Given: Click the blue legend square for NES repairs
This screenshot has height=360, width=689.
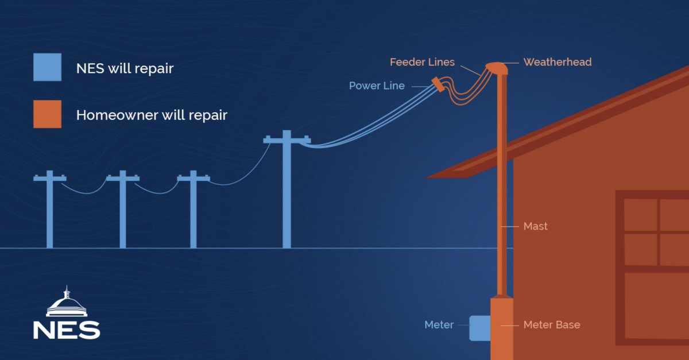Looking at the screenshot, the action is tap(47, 68).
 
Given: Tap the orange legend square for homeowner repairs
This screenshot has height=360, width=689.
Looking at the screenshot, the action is tap(47, 114).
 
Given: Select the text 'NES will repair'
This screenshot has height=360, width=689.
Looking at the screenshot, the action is tap(125, 69).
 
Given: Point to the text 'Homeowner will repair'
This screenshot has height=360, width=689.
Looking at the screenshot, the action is tap(152, 115).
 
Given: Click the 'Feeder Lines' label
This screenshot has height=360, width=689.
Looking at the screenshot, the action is tap(422, 62).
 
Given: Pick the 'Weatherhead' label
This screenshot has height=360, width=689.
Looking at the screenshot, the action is tap(557, 62).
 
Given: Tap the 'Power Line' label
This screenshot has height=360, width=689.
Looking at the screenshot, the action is tap(377, 86).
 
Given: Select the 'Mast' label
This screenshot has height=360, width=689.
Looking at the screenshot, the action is tap(535, 226).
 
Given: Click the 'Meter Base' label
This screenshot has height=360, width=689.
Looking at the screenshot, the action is tap(551, 325).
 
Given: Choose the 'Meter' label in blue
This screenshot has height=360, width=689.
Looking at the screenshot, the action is tap(439, 325).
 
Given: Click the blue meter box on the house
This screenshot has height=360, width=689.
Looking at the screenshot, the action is tap(480, 328).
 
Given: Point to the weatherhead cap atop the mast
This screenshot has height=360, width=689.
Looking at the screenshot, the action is tap(497, 68).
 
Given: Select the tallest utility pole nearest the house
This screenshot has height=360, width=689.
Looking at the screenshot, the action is tap(287, 195).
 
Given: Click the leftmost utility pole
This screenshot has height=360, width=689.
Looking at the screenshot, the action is tap(49, 212).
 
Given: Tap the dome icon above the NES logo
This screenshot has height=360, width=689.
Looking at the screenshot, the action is tap(66, 303).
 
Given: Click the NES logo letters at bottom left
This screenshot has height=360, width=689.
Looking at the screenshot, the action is tap(66, 330).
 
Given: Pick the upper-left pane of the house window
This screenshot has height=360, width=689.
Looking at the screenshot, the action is tap(640, 215).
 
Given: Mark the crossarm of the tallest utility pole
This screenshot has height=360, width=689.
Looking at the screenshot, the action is tap(287, 140).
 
